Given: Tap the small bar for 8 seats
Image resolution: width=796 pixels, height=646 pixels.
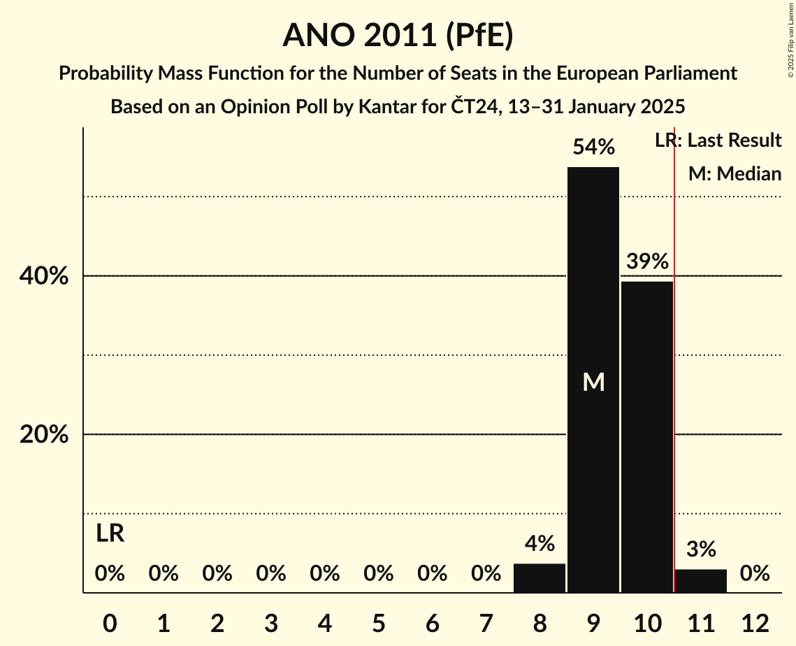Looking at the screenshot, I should (x=540, y=578).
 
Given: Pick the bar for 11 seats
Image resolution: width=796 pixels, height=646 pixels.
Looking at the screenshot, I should (x=701, y=581).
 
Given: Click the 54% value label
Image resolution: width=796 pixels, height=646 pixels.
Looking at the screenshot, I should (x=593, y=148).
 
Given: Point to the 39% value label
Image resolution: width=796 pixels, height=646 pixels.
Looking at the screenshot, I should (x=647, y=262).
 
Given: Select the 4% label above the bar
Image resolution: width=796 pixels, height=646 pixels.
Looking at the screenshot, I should (x=540, y=544).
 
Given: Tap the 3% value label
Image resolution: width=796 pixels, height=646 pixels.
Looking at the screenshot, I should (x=701, y=550).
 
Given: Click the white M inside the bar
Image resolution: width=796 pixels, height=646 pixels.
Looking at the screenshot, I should (x=593, y=382).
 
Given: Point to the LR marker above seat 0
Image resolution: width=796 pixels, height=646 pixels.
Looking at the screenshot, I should (x=110, y=534).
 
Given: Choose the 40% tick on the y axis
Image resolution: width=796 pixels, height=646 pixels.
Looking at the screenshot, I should (x=44, y=277).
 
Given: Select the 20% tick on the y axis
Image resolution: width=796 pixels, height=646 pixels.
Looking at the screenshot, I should (x=44, y=435).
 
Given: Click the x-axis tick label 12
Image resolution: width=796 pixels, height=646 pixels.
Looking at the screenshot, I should (x=755, y=622).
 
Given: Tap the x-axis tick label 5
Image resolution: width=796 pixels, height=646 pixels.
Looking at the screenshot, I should (x=378, y=622).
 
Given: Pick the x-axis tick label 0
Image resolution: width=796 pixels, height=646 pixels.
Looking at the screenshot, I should (x=110, y=622).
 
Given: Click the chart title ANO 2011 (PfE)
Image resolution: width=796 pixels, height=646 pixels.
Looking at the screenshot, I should (x=398, y=35).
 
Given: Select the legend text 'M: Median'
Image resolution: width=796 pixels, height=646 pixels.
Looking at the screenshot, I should (x=735, y=173).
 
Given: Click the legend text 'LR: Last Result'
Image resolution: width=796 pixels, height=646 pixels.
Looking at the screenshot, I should (x=718, y=141).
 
